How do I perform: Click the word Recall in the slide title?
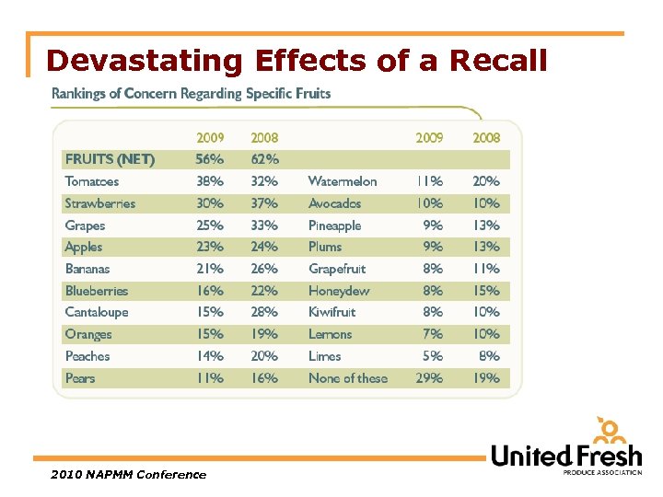[498, 61]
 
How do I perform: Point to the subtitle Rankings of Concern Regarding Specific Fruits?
[191, 93]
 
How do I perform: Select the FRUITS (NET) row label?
[110, 159]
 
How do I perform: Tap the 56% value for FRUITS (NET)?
[209, 159]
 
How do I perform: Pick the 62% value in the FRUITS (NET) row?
[264, 159]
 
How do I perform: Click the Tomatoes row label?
[92, 181]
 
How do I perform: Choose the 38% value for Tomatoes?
[209, 181]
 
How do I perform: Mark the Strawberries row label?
[100, 203]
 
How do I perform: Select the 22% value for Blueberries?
[264, 291]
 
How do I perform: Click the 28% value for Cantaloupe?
[264, 312]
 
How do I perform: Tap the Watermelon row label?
[343, 181]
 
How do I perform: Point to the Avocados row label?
[334, 203]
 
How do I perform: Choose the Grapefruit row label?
[337, 269]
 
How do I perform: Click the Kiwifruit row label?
[332, 312]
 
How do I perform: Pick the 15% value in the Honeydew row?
[486, 291]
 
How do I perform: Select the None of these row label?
[348, 378]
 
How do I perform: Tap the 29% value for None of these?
[428, 378]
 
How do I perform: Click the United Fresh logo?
[566, 448]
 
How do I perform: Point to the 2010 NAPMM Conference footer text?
[129, 475]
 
